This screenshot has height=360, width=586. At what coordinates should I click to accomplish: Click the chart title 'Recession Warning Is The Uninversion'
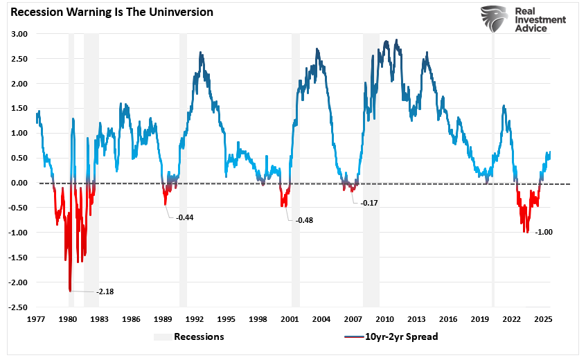pyautogui.click(x=110, y=12)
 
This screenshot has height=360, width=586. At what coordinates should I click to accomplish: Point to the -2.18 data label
pyautogui.click(x=105, y=291)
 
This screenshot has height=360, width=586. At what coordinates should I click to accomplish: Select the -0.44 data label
pyautogui.click(x=185, y=217)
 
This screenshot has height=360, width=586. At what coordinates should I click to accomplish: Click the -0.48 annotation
pyautogui.click(x=305, y=220)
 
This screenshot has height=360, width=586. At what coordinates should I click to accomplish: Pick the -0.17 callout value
pyautogui.click(x=371, y=204)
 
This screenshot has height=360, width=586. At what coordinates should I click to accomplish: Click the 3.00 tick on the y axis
pyautogui.click(x=19, y=34)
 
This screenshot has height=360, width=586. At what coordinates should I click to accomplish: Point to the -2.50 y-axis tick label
pyautogui.click(x=17, y=307)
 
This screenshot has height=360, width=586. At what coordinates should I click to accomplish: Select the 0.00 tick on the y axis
pyautogui.click(x=19, y=183)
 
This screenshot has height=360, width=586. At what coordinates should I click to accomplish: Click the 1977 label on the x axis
pyautogui.click(x=36, y=320)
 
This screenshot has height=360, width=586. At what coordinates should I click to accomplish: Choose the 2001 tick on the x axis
pyautogui.click(x=290, y=320)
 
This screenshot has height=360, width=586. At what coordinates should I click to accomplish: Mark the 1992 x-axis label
pyautogui.click(x=195, y=320)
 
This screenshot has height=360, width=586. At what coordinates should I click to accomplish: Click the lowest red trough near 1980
pyautogui.click(x=70, y=290)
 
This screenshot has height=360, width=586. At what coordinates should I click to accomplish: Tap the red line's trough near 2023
pyautogui.click(x=526, y=231)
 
